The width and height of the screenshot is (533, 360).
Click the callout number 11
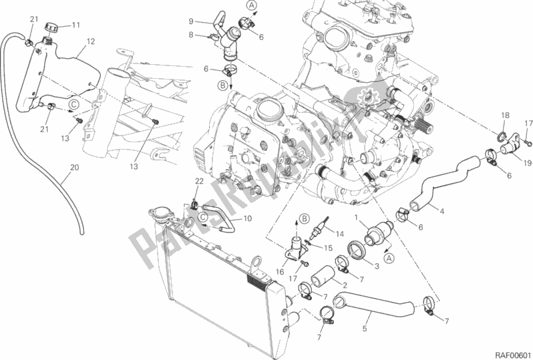[75, 25]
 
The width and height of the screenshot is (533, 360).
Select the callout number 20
[73, 167]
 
